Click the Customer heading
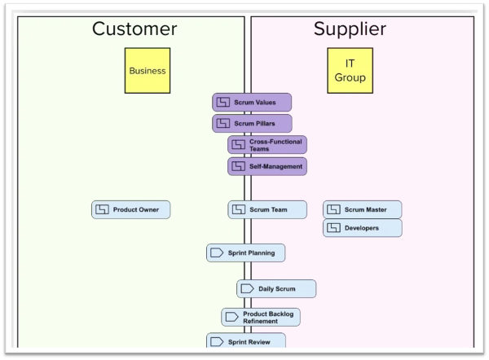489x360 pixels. tap(134, 29)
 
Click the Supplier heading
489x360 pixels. tap(350, 29)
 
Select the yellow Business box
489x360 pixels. tap(147, 70)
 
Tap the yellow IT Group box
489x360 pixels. tap(350, 70)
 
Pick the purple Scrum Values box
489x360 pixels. tap(252, 103)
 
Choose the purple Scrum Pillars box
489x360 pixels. tap(252, 124)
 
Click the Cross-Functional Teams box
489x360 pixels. tap(267, 145)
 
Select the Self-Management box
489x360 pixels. tap(267, 166)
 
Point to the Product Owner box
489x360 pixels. tap(131, 209)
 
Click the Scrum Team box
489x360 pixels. tap(267, 209)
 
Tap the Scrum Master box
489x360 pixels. tap(362, 209)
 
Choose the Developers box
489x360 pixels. tap(362, 228)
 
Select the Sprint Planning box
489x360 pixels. tap(245, 252)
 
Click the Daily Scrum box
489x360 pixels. tap(276, 288)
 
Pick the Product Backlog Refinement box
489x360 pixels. tap(261, 318)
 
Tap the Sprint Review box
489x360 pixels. tap(245, 342)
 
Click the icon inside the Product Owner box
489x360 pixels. tap(103, 209)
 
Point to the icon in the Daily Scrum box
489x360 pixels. tap(249, 288)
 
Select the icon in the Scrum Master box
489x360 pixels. tap(333, 209)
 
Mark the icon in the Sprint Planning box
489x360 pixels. tap(218, 252)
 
